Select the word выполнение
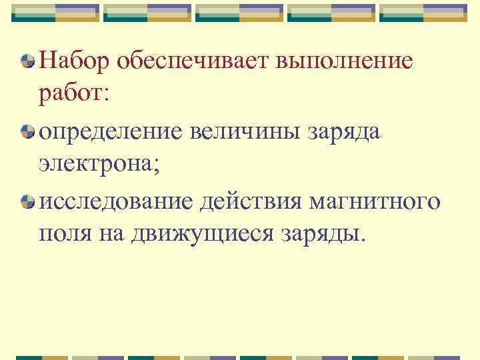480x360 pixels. tap(344, 63)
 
